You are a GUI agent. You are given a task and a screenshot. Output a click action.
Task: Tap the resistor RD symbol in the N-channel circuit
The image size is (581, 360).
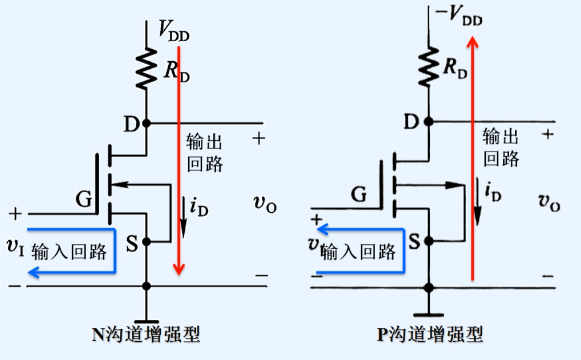[x=146, y=68]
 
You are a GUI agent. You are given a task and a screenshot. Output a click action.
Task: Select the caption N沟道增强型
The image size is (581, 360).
[x=146, y=333]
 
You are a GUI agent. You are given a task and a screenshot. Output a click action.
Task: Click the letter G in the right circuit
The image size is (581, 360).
[x=359, y=195]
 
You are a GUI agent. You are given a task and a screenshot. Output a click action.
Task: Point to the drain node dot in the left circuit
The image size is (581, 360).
[x=147, y=123]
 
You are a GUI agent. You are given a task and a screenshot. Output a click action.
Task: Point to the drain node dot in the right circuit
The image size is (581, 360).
[x=428, y=121]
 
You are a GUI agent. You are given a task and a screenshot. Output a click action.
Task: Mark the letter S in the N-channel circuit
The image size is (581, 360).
[x=132, y=244]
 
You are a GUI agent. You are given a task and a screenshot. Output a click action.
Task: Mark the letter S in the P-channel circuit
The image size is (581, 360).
[x=415, y=241]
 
